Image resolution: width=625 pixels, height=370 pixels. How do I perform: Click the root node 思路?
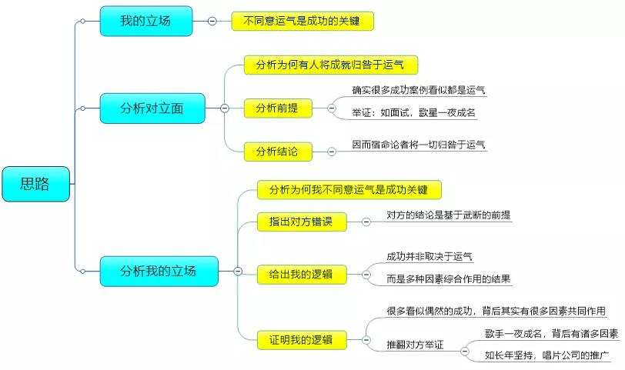36,184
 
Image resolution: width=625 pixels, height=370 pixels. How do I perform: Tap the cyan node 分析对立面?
152,108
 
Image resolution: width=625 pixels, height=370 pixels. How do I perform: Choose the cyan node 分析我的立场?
158,271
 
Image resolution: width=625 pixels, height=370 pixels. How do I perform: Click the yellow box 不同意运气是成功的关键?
302,21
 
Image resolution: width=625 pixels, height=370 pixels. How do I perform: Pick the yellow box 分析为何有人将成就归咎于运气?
330,65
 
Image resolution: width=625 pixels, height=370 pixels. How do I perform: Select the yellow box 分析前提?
278,108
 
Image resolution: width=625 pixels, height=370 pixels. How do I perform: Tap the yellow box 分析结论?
278,152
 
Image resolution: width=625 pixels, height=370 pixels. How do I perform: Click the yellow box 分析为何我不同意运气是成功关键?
349,189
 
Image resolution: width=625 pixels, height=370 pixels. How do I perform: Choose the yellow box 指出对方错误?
301,222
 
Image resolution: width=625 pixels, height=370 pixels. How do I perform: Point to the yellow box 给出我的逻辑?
301,272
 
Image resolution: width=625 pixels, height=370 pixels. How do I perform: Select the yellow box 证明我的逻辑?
301,338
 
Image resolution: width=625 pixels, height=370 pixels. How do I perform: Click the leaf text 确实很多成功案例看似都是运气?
419,90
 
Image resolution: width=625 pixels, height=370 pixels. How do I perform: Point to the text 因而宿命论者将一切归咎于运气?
419,144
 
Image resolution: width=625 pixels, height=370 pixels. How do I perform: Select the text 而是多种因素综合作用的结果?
449,278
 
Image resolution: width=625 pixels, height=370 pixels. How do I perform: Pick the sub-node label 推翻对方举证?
415,345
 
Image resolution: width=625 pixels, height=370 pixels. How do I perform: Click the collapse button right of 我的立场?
212,21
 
